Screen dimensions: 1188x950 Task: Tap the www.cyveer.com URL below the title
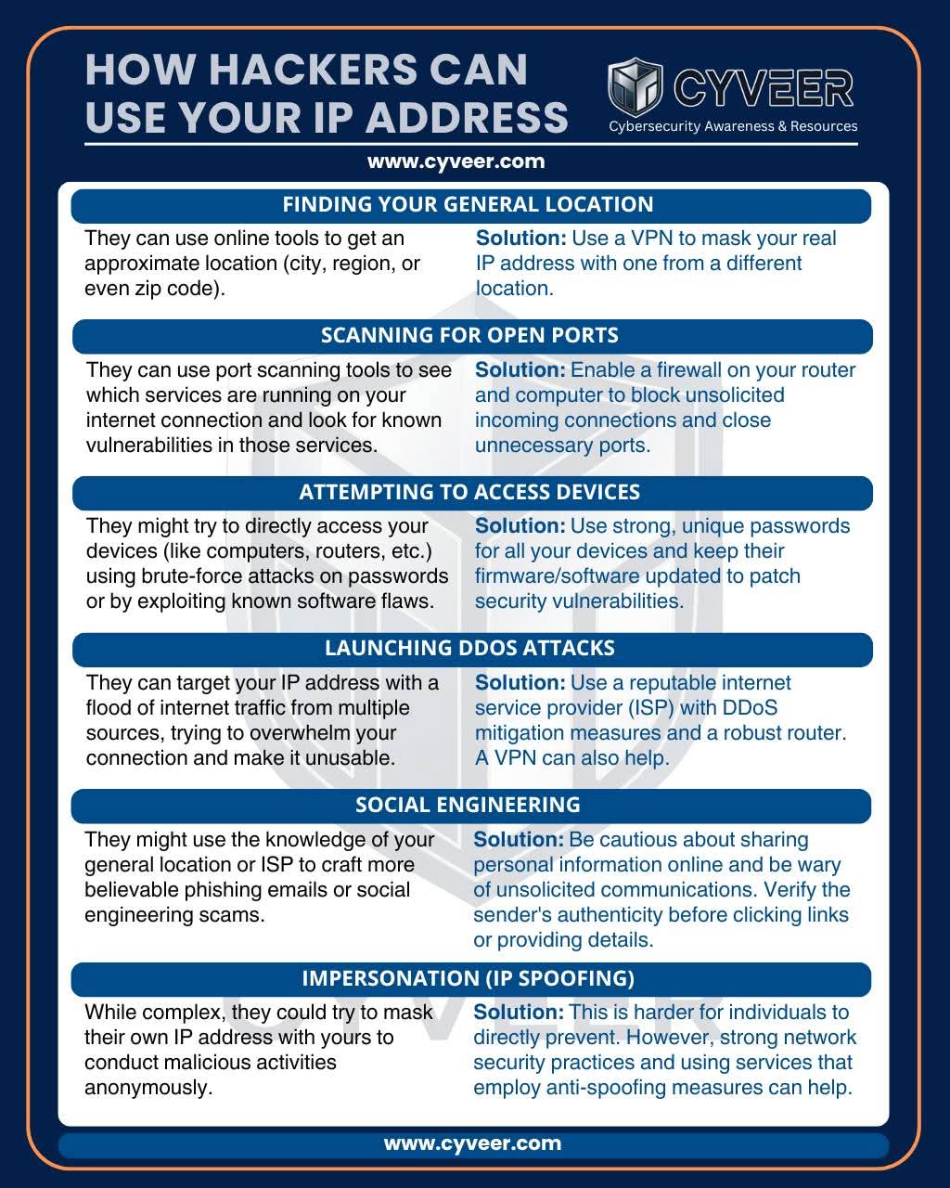456,161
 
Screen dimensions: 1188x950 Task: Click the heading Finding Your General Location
468,204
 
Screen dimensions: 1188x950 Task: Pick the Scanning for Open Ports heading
469,335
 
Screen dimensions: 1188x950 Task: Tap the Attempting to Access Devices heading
469,492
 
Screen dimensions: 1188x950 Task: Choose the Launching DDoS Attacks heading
469,648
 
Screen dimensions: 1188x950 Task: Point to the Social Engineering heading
468,805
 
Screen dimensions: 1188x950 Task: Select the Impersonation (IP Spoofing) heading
469,978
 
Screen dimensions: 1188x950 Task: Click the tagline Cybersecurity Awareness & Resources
733,126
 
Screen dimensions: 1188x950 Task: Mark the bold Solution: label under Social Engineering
519,840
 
